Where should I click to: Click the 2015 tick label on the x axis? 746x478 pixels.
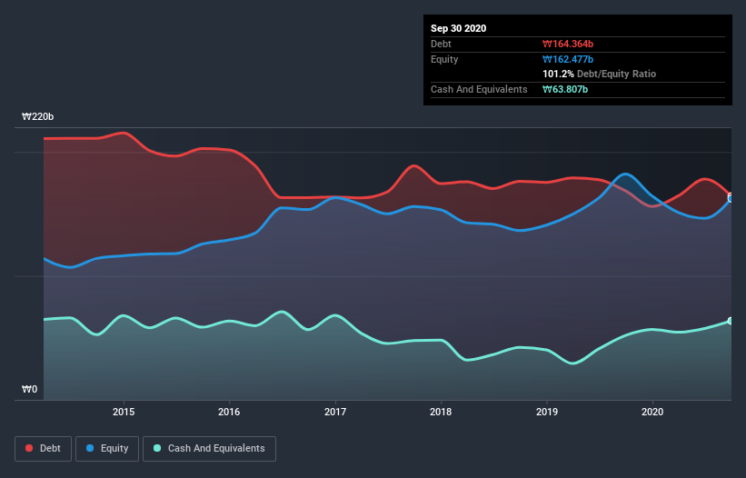coord(124,411)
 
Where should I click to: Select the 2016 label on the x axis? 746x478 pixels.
coord(230,411)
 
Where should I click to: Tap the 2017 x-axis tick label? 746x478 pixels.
coord(335,411)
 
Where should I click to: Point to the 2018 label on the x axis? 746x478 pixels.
coord(441,411)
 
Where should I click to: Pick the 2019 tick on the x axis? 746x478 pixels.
coord(547,411)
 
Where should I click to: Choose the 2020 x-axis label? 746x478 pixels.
coord(652,411)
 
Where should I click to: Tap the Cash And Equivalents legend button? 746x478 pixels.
coord(208,448)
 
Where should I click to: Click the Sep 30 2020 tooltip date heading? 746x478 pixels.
coord(458,28)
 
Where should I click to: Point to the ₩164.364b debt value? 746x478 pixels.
coord(568,44)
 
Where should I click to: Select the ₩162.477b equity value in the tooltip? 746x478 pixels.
coord(568,59)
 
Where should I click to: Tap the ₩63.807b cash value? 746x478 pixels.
coord(565,89)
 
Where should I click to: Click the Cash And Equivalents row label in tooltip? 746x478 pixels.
coord(479,89)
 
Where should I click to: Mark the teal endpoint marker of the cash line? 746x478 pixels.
coord(730,321)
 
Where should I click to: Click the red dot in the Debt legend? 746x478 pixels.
coord(29,448)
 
